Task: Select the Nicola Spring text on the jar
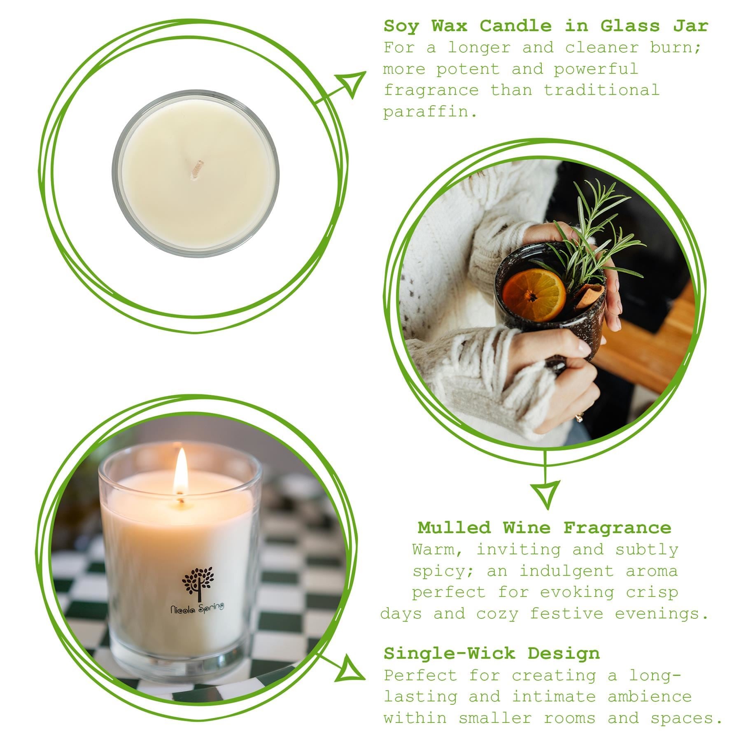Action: (x=197, y=608)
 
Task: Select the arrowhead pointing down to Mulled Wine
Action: (x=545, y=494)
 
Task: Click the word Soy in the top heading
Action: (x=401, y=26)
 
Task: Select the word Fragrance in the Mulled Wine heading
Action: (x=617, y=528)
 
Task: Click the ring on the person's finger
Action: (x=579, y=417)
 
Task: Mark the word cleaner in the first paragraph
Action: (x=601, y=48)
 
